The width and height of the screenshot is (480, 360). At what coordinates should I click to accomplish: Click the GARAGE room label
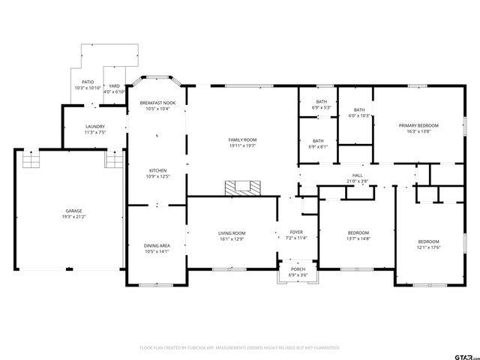coord(73,211)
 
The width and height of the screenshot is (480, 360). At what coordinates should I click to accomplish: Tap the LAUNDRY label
coord(94,126)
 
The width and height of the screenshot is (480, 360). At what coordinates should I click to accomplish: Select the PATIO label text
coord(88,82)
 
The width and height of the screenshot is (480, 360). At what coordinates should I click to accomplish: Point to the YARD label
coord(115,85)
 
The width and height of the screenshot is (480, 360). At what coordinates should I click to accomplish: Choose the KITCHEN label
coord(157,170)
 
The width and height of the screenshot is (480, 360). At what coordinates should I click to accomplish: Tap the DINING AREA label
coord(157,245)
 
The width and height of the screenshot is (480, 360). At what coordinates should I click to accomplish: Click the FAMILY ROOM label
coord(242,139)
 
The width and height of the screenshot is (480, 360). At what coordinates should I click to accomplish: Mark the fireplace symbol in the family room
coord(244,187)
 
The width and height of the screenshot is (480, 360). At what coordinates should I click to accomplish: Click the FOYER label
coord(296,232)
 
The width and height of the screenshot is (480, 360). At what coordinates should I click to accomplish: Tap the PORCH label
coord(298,269)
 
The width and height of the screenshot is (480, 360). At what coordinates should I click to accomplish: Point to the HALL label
coord(358,175)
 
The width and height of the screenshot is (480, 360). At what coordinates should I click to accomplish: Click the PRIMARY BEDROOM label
coord(418,125)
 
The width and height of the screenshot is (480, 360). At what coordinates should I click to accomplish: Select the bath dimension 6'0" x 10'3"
coord(360,116)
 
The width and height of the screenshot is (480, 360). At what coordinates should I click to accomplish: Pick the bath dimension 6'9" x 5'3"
coord(321,107)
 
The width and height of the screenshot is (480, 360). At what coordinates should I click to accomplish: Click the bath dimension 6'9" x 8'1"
coord(318,146)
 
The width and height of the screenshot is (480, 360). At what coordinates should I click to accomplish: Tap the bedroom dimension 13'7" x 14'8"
coord(357,238)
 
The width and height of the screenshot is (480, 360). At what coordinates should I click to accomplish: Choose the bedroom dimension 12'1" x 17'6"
coord(429,247)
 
